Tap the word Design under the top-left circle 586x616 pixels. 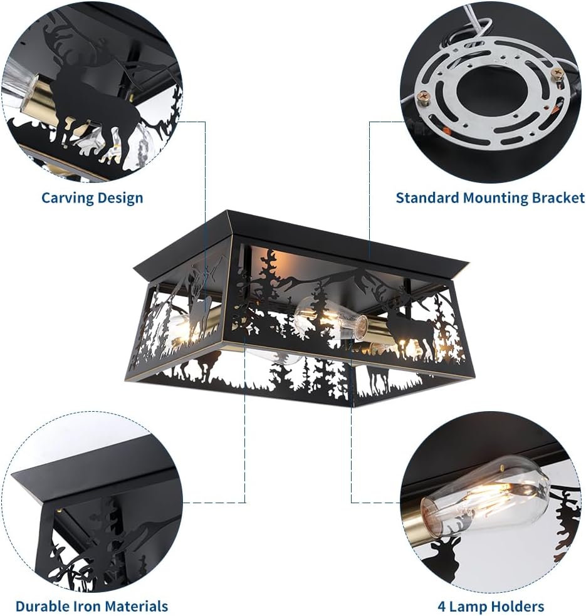[120, 198]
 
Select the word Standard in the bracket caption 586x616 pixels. [427, 198]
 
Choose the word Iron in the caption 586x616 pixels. [86, 606]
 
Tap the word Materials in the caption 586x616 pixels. [137, 606]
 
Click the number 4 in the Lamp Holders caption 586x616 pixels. [441, 606]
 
